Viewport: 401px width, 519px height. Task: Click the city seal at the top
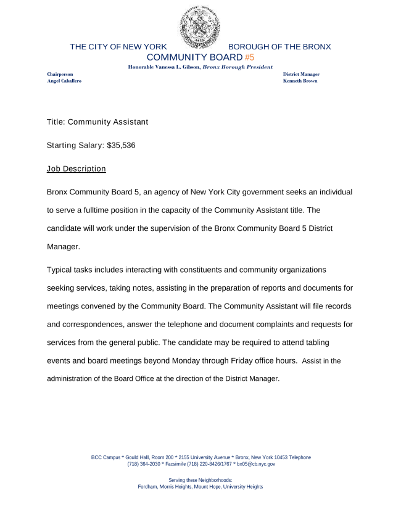click(x=200, y=27)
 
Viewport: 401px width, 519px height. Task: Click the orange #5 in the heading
click(x=249, y=57)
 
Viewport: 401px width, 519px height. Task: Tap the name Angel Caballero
click(x=64, y=81)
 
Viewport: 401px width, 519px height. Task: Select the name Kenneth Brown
click(x=300, y=81)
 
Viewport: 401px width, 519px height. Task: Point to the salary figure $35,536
click(x=121, y=146)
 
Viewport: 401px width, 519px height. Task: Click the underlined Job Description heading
click(x=76, y=168)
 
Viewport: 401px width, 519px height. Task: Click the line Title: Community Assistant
click(x=97, y=122)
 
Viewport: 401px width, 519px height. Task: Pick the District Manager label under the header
click(x=301, y=74)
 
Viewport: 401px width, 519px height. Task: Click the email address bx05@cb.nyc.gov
click(x=256, y=463)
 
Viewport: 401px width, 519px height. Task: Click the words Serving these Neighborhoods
click(x=200, y=480)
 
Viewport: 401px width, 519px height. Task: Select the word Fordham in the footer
click(x=148, y=487)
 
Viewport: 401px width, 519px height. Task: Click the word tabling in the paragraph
click(x=339, y=342)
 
